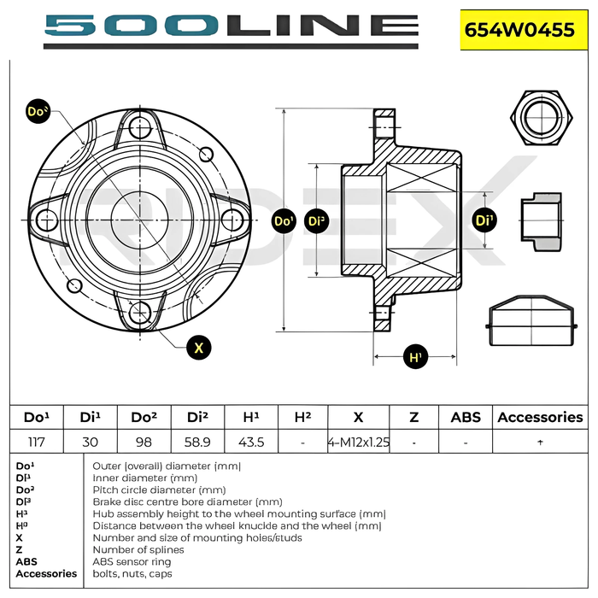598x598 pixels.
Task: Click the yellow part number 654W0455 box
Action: (x=524, y=30)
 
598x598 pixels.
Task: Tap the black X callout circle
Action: (x=199, y=348)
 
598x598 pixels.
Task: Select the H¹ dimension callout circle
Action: (x=415, y=357)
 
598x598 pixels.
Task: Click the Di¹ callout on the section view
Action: (x=484, y=220)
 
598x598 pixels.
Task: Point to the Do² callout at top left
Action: (x=38, y=111)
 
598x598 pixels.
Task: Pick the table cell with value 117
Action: (x=37, y=442)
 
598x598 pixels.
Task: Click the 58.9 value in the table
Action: (x=197, y=442)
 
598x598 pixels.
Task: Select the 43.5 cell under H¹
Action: (x=251, y=442)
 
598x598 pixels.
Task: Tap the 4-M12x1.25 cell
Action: (x=359, y=442)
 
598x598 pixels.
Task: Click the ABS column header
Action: (x=466, y=417)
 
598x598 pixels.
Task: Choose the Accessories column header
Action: (x=541, y=417)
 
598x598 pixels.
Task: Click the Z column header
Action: (x=414, y=417)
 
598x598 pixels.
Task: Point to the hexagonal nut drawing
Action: (x=542, y=118)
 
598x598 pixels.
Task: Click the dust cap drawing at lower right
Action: (x=531, y=320)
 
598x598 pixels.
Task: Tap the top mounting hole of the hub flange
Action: (x=140, y=127)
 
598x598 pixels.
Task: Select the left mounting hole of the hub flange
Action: (x=47, y=220)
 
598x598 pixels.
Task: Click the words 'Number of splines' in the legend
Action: (x=138, y=549)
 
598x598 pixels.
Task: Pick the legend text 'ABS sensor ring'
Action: (x=132, y=562)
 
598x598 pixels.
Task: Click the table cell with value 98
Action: (x=144, y=442)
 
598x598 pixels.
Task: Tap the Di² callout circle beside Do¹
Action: (x=317, y=220)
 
